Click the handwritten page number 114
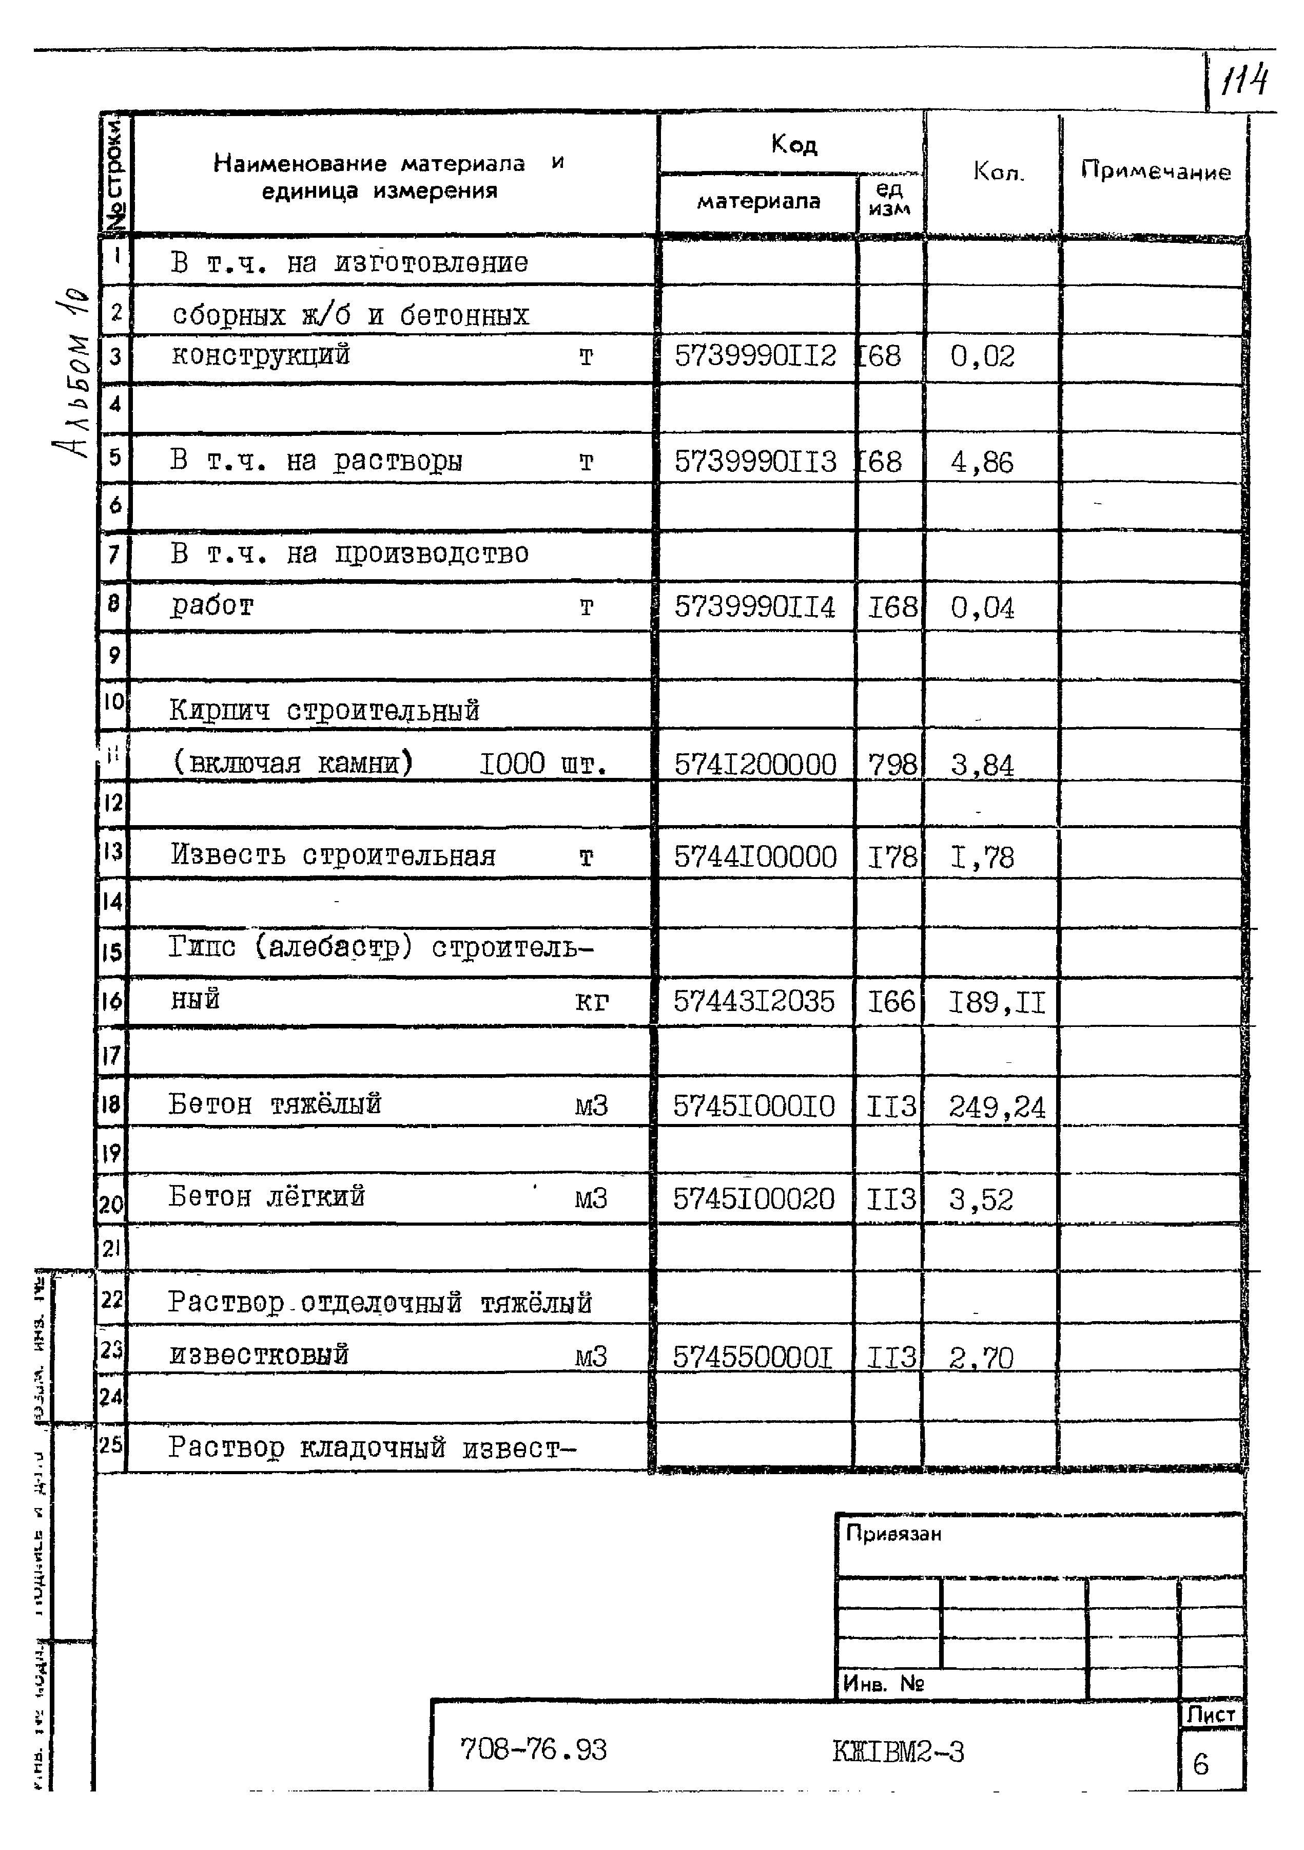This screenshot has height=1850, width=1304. click(1244, 81)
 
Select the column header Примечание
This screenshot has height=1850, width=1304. click(1155, 171)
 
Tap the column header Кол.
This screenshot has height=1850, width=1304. click(998, 171)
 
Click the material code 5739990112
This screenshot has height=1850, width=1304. click(755, 356)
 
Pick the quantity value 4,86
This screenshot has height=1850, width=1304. click(981, 463)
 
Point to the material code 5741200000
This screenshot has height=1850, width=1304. click(755, 765)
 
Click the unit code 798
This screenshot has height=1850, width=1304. click(891, 765)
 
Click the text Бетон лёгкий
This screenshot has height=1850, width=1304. click(267, 1196)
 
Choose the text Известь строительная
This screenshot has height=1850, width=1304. click(333, 856)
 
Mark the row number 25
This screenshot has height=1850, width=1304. click(111, 1444)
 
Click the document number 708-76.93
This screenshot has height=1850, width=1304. click(533, 1749)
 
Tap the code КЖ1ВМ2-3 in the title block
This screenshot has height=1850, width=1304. click(898, 1752)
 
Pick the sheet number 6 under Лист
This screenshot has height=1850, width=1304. click(1200, 1765)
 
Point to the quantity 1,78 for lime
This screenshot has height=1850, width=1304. click(981, 857)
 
